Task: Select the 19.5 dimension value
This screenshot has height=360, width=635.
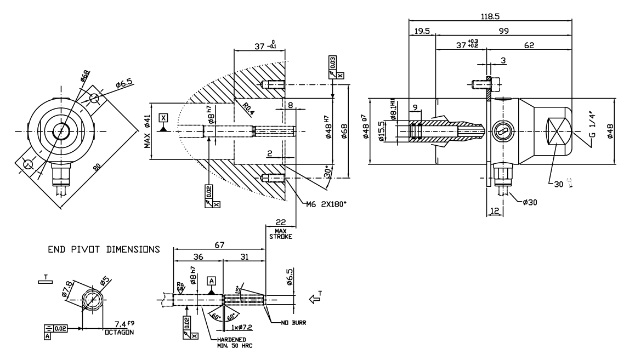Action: point(421,32)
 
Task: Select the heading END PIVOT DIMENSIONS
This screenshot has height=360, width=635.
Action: point(104,249)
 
